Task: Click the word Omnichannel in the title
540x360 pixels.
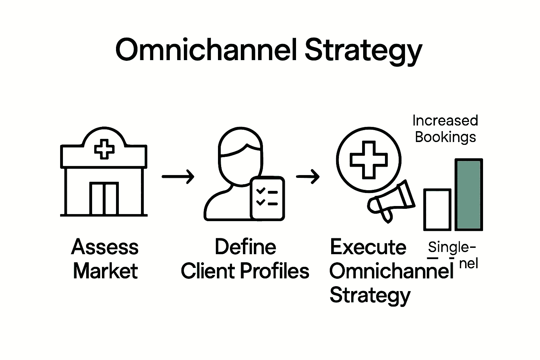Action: click(207, 50)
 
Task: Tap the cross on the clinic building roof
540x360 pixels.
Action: click(104, 149)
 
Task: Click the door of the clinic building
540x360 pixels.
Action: click(104, 198)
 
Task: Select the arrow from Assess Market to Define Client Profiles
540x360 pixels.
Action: click(178, 176)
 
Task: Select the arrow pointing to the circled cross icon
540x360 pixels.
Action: click(308, 176)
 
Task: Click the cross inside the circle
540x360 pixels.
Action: click(368, 160)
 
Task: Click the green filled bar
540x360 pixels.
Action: click(469, 195)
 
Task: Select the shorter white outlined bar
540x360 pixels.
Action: click(437, 210)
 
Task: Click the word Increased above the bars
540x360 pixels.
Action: click(445, 121)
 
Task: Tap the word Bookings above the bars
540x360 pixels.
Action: click(445, 137)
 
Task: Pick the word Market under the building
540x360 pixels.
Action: click(105, 271)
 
